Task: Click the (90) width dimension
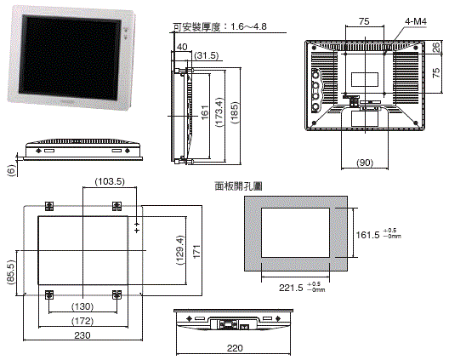click(x=365, y=162)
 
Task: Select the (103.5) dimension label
click(x=109, y=181)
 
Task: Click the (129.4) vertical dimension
click(x=179, y=250)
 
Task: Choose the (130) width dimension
click(x=82, y=306)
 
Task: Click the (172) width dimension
click(x=82, y=323)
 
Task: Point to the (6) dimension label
click(x=11, y=170)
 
